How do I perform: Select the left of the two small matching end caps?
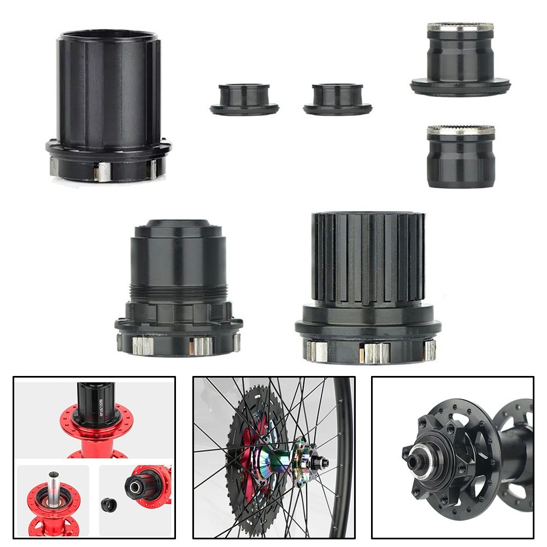click(x=244, y=99)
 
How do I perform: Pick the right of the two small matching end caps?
click(x=338, y=99)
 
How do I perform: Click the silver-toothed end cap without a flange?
click(x=461, y=158)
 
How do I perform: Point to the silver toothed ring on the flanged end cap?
click(x=460, y=27)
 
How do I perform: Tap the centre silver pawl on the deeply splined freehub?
click(x=376, y=353)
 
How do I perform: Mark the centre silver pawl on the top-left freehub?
click(x=102, y=172)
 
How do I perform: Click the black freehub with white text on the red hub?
click(x=96, y=402)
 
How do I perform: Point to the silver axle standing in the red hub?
click(x=53, y=486)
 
